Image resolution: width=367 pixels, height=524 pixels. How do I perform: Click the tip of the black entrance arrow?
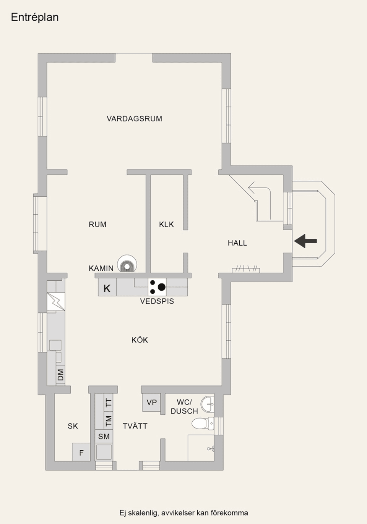coord(294,241)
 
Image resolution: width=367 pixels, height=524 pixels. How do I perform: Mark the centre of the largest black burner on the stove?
coord(161,287)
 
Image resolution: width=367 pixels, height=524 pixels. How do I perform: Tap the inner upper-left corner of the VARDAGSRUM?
coord(47,62)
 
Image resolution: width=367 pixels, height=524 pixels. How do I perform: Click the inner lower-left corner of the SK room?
coord(55,461)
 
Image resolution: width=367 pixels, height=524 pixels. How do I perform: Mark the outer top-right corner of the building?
coord(231,53)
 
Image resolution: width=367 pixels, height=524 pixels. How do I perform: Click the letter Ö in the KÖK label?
coord(140,340)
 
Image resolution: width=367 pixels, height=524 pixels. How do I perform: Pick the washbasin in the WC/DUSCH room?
coord(207,404)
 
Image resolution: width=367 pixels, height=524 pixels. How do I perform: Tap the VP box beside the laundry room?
coord(151,403)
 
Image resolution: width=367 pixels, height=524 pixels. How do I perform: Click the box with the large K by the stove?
coord(107,287)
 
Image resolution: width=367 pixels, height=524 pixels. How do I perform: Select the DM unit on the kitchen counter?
coord(61,375)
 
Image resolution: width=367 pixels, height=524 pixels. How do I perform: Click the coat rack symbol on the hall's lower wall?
coord(246,270)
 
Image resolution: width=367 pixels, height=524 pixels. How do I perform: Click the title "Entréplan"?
coord(35,17)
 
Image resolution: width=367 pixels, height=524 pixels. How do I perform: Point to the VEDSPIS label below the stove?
coord(157,301)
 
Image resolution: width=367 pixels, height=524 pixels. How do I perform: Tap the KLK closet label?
coord(166,224)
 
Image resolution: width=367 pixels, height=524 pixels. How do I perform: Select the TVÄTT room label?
coord(135,426)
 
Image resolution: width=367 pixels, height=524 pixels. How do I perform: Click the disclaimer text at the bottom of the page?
coord(183,513)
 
